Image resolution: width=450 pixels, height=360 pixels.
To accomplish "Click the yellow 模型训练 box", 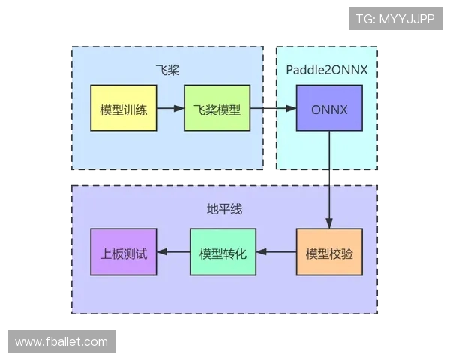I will click(123, 109).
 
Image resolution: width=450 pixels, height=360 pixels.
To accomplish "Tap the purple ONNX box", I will click(329, 109).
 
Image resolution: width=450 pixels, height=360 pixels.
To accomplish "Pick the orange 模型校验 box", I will click(329, 252).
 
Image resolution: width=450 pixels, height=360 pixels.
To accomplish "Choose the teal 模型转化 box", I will click(223, 252).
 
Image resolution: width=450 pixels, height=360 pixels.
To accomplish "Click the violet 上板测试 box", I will click(123, 252).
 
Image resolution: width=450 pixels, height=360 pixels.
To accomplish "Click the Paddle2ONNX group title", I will click(326, 70).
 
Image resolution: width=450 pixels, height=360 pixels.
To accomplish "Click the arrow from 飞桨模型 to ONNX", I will click(273, 109).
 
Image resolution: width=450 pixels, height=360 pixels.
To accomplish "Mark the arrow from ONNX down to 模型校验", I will click(329, 180).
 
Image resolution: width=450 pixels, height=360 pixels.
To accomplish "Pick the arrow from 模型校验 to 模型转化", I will click(277, 252).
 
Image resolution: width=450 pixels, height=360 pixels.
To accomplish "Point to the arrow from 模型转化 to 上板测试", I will click(173, 252).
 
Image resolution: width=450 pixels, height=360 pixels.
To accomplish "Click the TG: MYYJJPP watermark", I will click(395, 19).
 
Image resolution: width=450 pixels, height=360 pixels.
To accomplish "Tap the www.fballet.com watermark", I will click(61, 342).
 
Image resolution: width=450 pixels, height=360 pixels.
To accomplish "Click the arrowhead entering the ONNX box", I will click(292, 109).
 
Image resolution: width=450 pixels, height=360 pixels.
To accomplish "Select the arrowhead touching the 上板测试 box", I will click(160, 252).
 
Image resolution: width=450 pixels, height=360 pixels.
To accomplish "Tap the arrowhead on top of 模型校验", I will click(329, 223).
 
